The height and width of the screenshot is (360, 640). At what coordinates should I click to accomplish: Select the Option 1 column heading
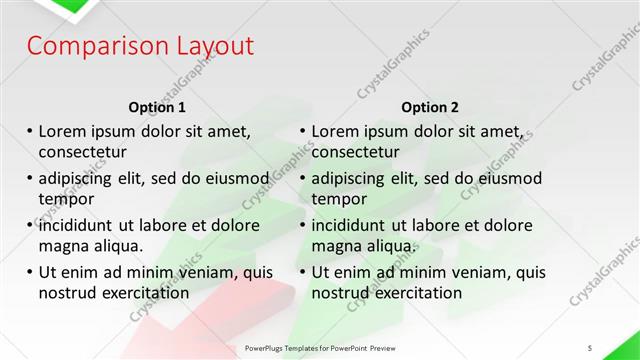(158, 107)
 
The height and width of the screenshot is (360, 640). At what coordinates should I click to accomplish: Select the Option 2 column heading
(431, 107)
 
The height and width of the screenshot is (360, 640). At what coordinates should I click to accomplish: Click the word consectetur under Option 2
(355, 152)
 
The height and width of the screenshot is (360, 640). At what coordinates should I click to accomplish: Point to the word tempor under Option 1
(65, 199)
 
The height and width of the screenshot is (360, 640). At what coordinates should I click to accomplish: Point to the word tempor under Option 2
(338, 199)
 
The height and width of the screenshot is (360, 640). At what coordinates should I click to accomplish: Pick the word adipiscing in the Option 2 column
(351, 178)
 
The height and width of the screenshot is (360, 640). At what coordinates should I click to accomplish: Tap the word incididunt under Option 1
(79, 225)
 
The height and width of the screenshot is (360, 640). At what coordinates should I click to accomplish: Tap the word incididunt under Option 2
(352, 225)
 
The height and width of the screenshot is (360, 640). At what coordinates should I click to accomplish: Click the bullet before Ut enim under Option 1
(29, 272)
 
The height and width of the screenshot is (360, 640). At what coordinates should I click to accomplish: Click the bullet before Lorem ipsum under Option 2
(302, 131)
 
